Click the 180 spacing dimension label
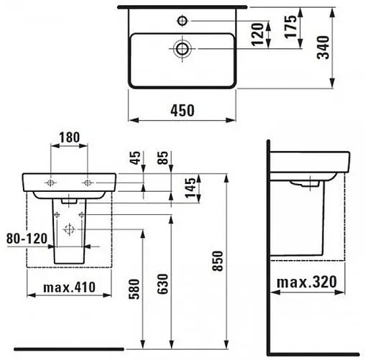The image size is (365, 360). tap(69, 136)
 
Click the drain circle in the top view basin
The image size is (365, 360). tap(182, 48)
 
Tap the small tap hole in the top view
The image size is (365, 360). tap(182, 19)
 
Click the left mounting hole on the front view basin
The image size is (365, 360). tap(50, 183)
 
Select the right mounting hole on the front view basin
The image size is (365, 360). tap(86, 183)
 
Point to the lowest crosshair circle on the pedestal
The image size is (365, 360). tap(69, 230)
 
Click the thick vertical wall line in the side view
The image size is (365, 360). tap(268, 244)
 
